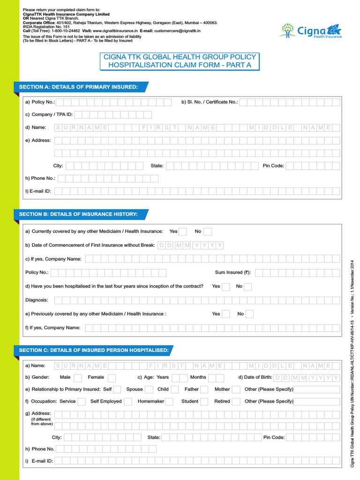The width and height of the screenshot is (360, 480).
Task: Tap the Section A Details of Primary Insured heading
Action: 79,87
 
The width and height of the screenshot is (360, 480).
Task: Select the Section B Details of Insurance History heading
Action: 78,214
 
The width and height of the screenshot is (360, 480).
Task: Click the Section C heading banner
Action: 94,350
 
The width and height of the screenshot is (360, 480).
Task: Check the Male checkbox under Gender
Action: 78,377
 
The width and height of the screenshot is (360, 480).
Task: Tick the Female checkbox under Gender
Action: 112,377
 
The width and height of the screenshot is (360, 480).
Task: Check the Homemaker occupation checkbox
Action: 169,401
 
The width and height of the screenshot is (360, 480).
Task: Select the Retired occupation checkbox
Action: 236,401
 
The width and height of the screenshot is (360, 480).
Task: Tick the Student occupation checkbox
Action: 204,401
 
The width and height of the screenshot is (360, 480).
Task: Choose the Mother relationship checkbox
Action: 236,389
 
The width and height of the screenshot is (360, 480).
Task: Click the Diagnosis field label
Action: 37,300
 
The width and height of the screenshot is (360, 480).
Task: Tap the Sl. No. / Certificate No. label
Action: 210,102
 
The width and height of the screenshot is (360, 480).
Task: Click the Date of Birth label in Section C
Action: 255,377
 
